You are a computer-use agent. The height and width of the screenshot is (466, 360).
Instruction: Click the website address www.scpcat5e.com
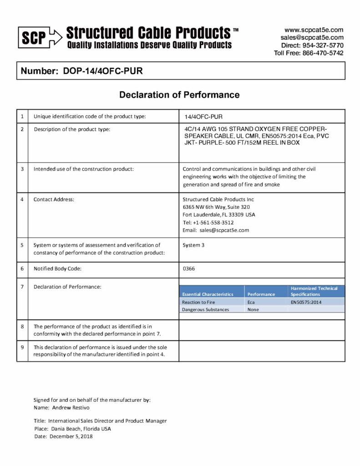tap(314, 30)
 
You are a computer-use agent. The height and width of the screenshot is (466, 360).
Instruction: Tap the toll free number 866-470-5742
tap(323, 53)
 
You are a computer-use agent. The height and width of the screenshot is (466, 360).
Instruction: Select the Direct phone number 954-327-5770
tap(324, 45)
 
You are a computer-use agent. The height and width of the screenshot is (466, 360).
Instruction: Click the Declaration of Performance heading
tap(179, 95)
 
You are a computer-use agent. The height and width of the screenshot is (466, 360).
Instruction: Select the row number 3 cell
tap(22, 169)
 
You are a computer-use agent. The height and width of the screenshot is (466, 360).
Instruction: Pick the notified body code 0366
tap(189, 269)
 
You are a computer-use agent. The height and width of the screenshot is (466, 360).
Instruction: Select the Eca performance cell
tap(251, 302)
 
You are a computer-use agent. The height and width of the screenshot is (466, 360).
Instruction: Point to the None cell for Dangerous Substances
tap(253, 309)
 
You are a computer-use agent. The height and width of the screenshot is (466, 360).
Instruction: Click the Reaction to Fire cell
tap(198, 302)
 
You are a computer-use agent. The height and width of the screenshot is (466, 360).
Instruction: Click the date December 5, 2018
tap(71, 436)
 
